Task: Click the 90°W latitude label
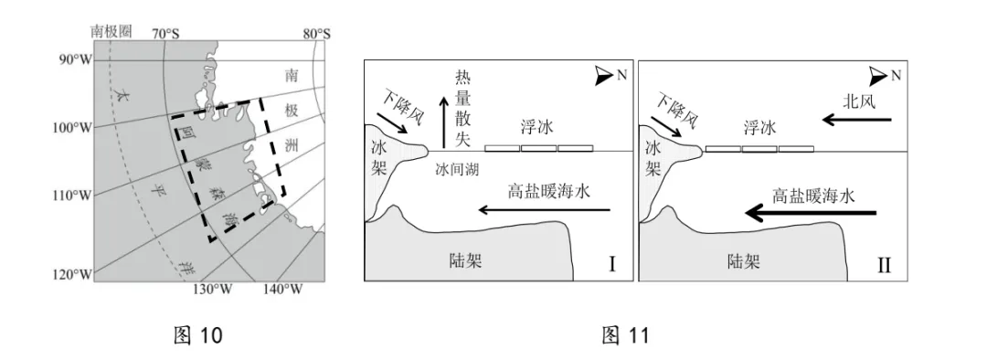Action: (x=76, y=59)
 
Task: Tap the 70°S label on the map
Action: (x=164, y=34)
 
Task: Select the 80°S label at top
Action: (x=315, y=34)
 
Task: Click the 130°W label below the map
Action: (x=210, y=290)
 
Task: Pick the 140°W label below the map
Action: (x=282, y=290)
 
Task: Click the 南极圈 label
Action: (x=111, y=32)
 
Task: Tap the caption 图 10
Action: (x=197, y=336)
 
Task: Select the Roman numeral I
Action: (x=611, y=266)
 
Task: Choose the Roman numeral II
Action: (x=884, y=266)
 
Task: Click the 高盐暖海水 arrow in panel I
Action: (x=544, y=211)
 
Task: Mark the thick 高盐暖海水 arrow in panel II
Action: (x=811, y=213)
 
